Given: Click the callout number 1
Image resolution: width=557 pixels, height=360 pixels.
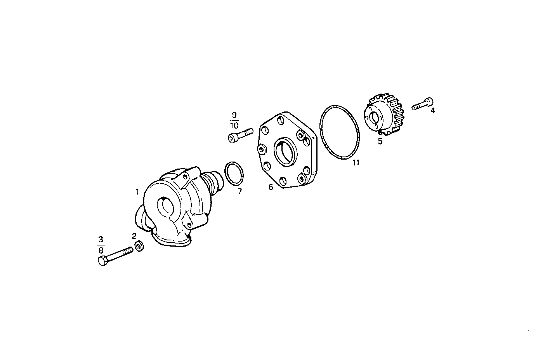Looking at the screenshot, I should click(x=137, y=191).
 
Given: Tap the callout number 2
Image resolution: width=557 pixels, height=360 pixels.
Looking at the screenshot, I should click(x=134, y=236).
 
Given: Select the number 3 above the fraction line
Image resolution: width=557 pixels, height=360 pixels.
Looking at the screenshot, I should click(x=101, y=238).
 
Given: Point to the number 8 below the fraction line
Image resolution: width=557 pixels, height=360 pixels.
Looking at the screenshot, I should click(x=101, y=250).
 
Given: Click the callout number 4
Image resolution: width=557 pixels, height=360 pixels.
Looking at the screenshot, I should click(x=433, y=110).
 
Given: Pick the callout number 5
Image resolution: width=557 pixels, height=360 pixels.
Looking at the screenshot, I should click(x=380, y=141).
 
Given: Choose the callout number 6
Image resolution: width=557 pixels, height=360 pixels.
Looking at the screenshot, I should click(x=271, y=187).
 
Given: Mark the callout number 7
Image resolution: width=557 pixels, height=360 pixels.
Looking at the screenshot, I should click(x=239, y=191).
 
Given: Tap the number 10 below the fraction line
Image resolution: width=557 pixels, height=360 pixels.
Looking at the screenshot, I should click(x=234, y=125).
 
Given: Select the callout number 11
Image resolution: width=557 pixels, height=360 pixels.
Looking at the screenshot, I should click(x=356, y=163).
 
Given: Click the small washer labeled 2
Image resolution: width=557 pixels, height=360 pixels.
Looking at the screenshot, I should click(x=139, y=246).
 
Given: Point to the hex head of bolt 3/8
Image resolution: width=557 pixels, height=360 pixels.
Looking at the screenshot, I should click(x=102, y=261).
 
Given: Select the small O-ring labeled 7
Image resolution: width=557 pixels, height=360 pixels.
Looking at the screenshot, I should click(x=234, y=173).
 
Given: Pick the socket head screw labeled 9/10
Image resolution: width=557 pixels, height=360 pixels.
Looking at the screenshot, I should click(x=239, y=135).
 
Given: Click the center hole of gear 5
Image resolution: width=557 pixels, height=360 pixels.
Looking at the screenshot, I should click(x=375, y=118).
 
